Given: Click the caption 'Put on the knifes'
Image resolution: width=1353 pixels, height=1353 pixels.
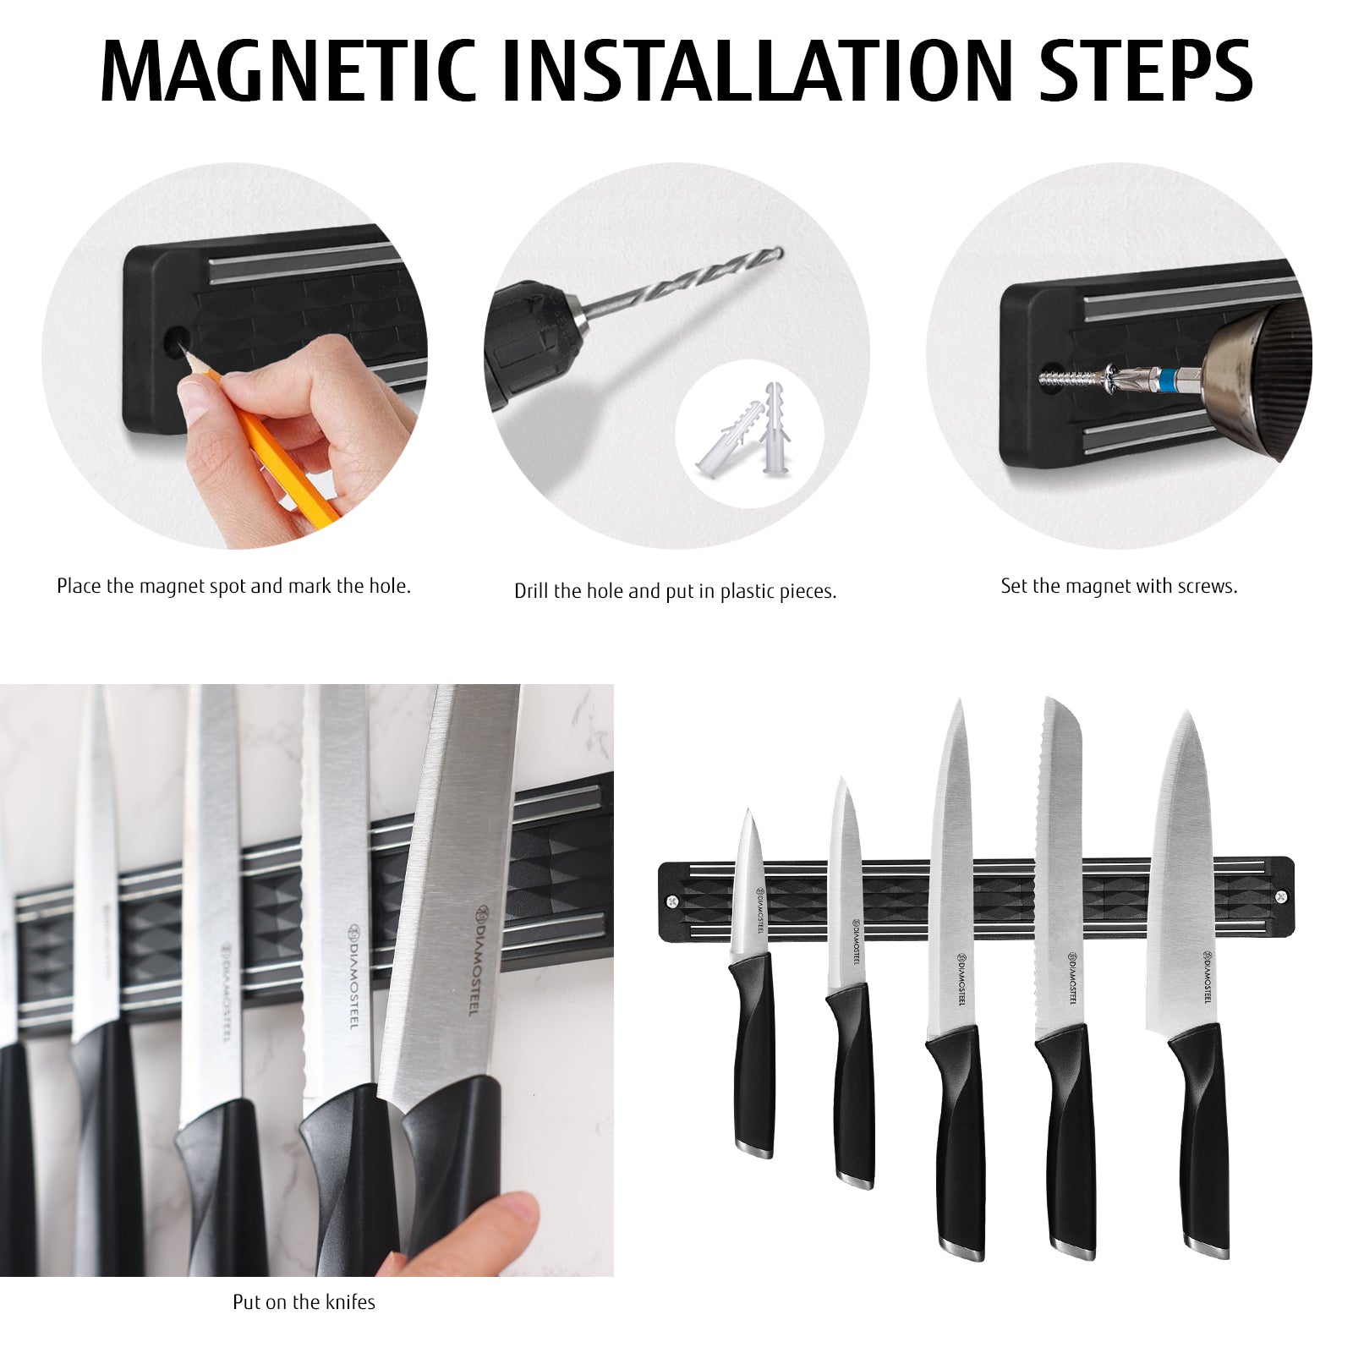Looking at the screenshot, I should tap(304, 1302).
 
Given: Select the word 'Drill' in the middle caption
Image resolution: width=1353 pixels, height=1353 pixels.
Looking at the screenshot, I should tap(531, 591).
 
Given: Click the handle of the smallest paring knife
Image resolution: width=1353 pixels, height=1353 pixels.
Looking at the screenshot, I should tap(753, 1057).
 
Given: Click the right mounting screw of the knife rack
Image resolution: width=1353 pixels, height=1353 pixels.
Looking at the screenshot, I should tap(1280, 896).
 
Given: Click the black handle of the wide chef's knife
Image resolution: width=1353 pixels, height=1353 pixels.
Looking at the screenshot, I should tap(1201, 1142).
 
